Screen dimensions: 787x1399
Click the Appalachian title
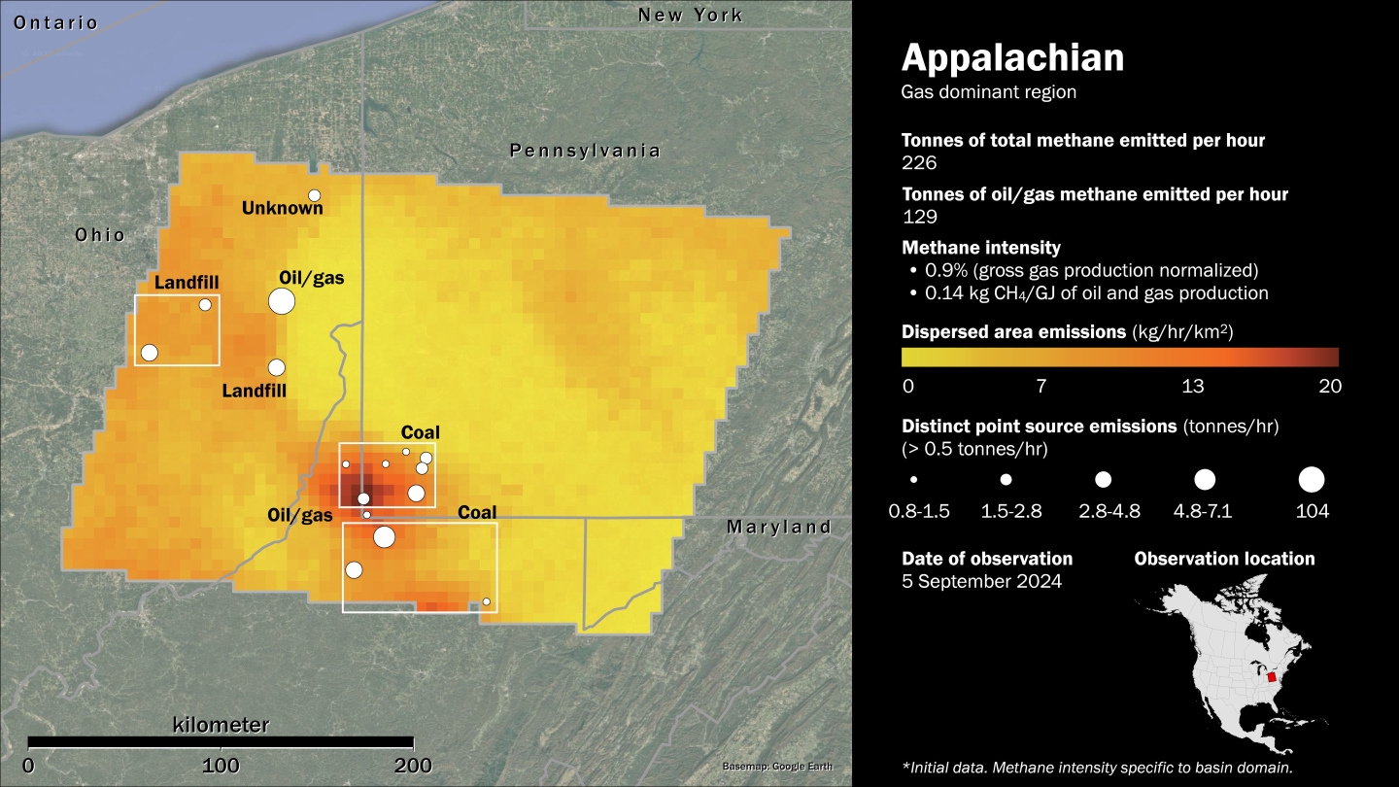click(x=1012, y=58)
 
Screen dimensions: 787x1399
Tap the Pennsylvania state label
click(x=585, y=151)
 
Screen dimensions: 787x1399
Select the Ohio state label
click(x=100, y=235)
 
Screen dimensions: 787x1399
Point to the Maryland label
click(x=779, y=527)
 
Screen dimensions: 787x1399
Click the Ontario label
click(x=55, y=22)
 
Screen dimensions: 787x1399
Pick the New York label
click(x=690, y=15)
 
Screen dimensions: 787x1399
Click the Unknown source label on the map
click(x=282, y=208)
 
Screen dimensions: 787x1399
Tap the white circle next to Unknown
click(x=314, y=195)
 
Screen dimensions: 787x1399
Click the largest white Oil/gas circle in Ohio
click(x=282, y=301)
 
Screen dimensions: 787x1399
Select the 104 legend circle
click(x=1312, y=479)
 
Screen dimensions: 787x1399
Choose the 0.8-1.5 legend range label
click(x=918, y=511)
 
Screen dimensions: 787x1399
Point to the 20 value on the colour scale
click(x=1330, y=386)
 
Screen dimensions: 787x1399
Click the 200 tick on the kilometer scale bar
click(x=414, y=765)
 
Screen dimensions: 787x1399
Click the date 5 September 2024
click(x=981, y=581)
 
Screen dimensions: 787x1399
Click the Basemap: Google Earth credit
click(x=777, y=767)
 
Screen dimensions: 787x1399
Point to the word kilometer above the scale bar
click(x=221, y=725)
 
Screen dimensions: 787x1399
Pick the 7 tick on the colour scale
click(x=1041, y=386)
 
